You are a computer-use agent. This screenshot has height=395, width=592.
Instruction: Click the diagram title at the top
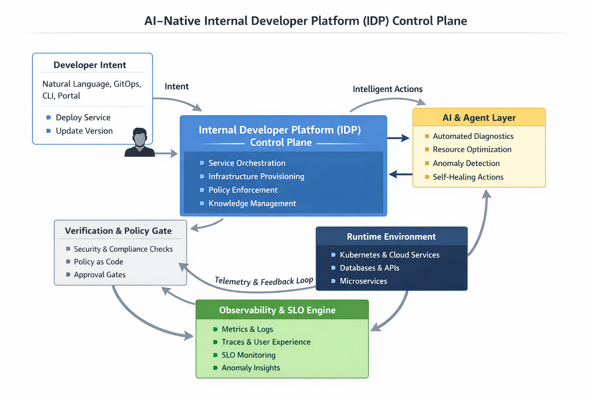305,21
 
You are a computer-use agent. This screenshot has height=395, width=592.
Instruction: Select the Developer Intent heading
89,65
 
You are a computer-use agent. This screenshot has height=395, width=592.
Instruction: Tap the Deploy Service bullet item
83,117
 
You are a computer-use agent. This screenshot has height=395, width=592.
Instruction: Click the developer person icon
140,142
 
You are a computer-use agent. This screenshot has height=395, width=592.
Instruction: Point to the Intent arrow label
177,86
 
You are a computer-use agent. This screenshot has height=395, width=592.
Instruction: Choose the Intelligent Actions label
387,89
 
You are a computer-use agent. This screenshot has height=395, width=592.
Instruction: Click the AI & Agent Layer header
479,118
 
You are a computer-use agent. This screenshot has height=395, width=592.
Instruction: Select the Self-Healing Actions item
468,177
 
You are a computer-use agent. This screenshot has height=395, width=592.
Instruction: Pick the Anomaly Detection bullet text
466,163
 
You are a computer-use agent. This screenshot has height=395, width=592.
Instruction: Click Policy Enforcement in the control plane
243,190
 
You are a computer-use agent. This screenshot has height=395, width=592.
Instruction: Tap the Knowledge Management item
252,203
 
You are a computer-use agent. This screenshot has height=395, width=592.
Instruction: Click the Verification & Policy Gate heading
118,231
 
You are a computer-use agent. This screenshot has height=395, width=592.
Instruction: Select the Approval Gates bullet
99,275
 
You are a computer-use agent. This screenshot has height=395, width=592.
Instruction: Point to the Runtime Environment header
391,236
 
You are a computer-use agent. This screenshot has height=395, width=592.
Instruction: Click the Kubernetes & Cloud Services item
389,255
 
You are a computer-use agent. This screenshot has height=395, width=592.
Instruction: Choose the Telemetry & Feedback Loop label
264,281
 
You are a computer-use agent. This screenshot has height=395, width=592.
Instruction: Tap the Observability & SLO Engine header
277,310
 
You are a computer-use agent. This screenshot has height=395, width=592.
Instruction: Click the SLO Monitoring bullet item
248,355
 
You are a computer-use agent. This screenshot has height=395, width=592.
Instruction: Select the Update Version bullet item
84,131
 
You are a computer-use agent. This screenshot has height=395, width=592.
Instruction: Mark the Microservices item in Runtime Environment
363,281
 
